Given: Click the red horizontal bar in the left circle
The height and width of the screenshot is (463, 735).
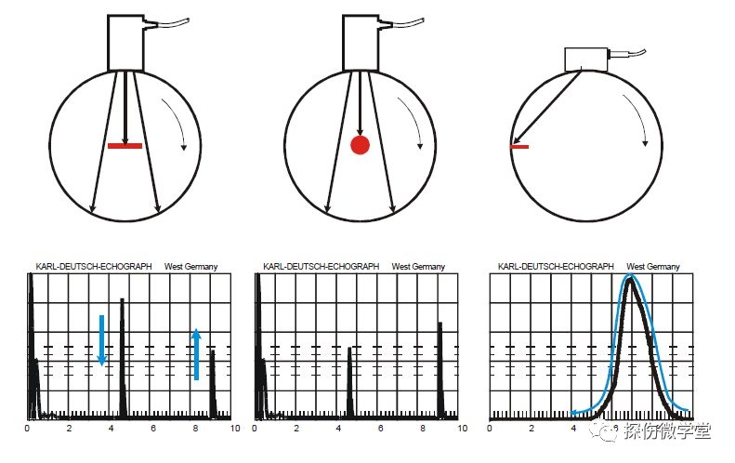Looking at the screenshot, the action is click(x=125, y=146).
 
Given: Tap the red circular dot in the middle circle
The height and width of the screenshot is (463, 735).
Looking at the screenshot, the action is click(x=360, y=145).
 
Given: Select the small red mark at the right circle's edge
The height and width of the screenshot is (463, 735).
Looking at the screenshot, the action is click(x=519, y=147).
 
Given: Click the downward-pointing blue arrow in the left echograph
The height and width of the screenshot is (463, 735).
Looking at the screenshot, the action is click(x=101, y=340).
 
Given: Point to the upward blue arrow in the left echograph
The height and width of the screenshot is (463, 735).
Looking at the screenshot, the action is click(x=196, y=354).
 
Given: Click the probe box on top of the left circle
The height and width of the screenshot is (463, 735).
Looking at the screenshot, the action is click(x=125, y=43).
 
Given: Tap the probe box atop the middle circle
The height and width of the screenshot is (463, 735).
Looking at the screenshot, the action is click(x=361, y=43).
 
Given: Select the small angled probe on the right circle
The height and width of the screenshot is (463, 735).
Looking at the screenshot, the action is click(x=586, y=60).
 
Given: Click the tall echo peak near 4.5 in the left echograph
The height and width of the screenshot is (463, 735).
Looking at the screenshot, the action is click(x=123, y=357).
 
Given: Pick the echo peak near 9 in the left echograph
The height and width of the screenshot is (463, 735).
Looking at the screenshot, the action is click(x=213, y=384).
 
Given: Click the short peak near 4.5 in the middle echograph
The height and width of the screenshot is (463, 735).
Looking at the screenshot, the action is click(x=349, y=382).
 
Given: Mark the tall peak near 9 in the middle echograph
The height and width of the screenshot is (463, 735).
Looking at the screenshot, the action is click(x=440, y=370).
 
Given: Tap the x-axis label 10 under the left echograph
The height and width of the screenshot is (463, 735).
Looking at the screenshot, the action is click(x=235, y=428).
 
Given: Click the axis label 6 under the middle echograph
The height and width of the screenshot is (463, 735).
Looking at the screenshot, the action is click(x=381, y=428).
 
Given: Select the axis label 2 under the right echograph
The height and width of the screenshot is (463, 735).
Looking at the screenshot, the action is click(x=532, y=428).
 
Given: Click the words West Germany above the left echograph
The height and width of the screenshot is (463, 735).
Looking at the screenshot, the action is click(x=190, y=267).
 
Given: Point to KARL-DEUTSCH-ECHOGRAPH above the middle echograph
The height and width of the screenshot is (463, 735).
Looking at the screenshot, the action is click(x=322, y=267).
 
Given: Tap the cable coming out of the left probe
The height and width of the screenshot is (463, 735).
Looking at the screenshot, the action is click(x=166, y=23).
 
